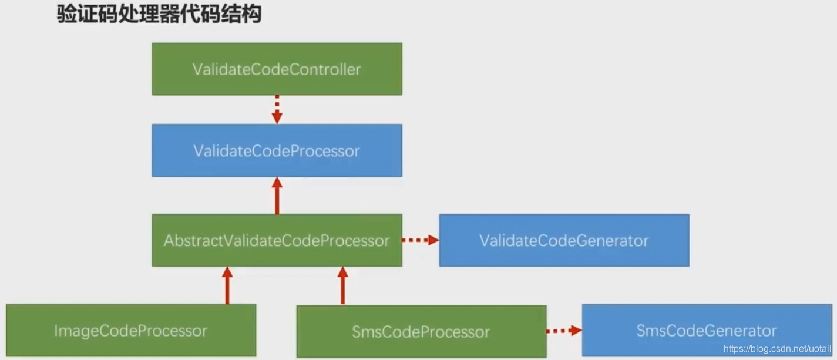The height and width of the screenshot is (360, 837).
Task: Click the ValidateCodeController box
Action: point(277,69)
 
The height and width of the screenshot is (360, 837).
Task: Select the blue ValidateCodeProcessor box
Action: point(277,150)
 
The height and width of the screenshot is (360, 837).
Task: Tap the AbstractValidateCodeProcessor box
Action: point(277,240)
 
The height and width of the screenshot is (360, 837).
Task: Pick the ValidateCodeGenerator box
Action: point(564,240)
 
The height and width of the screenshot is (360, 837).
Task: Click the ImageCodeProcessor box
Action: point(130,330)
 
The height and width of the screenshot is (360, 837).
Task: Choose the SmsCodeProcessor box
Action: point(421,331)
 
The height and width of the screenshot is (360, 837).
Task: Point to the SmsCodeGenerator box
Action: point(707,330)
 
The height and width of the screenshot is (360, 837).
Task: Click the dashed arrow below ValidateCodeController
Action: point(277,110)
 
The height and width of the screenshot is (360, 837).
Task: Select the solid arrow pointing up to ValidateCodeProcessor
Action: point(277,196)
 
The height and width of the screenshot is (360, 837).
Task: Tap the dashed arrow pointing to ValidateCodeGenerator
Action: point(421,240)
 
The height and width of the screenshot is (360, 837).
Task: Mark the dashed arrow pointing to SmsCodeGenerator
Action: point(564,331)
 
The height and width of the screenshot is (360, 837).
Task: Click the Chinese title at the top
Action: point(159,15)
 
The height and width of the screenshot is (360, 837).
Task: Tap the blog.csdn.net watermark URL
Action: point(777,349)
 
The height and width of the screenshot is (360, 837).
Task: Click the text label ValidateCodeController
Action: point(277,69)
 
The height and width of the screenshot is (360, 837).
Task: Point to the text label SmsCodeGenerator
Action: point(707,331)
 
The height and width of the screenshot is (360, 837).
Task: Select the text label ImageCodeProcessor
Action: point(130,331)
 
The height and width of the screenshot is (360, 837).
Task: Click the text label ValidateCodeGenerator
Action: point(564,241)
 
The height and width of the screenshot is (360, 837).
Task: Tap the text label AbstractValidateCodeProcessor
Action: point(277,241)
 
